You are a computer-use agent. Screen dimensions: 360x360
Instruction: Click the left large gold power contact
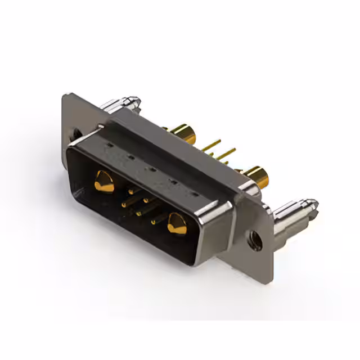(x=104, y=182)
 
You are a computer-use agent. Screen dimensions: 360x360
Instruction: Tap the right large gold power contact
(x=177, y=224)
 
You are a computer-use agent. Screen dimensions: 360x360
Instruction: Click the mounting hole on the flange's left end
(x=77, y=134)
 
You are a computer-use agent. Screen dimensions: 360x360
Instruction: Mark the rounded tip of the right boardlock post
(x=310, y=204)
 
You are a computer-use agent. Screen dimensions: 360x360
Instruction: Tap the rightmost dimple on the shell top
(x=196, y=193)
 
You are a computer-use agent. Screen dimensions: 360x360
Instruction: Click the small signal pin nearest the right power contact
(x=153, y=222)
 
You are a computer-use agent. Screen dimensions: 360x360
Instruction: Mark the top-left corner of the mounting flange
(x=64, y=96)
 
